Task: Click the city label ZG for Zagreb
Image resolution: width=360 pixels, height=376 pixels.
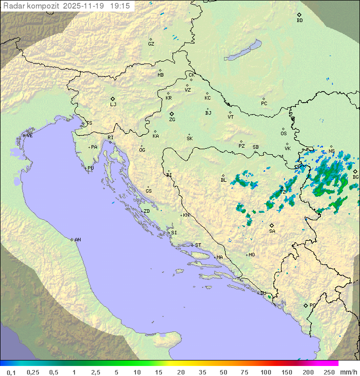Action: tap(172, 120)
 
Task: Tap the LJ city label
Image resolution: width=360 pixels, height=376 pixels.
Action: tap(113, 105)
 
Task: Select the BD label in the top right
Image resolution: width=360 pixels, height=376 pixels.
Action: tap(299, 21)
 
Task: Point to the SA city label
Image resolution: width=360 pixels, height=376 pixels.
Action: tap(272, 231)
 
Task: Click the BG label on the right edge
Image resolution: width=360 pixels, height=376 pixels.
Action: tap(355, 177)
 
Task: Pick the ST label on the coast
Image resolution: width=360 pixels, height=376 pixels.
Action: tap(198, 245)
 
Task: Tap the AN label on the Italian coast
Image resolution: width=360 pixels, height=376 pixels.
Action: tap(77, 240)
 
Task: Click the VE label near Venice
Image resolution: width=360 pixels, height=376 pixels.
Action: tap(29, 136)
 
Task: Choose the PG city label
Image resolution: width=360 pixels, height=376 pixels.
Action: tap(312, 305)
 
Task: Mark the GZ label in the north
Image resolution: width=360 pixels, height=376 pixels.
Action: tap(151, 44)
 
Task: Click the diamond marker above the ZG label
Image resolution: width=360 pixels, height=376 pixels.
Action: tap(171, 114)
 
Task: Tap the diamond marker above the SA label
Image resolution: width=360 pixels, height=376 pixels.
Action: tap(271, 225)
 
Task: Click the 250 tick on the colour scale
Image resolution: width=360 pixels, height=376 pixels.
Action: tap(329, 372)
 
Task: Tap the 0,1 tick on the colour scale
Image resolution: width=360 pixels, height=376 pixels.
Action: tap(11, 372)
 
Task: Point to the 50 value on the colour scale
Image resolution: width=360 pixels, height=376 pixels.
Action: tap(223, 372)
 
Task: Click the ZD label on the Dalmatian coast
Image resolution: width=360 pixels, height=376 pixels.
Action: tap(146, 211)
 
